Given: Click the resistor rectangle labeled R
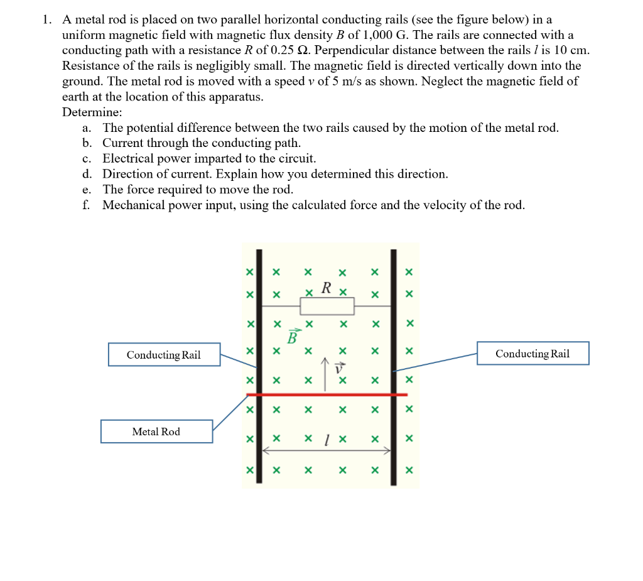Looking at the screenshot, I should [x=327, y=306].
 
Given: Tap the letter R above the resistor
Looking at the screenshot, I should [x=326, y=288].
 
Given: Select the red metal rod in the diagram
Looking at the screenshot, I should [x=327, y=394].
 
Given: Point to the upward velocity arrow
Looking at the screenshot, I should [x=325, y=374].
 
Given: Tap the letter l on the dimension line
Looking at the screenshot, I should [x=327, y=440].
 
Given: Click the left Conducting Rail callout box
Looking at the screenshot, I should [x=164, y=354].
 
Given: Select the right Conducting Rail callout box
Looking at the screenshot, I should [x=532, y=353].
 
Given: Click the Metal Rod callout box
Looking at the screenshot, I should [x=156, y=432].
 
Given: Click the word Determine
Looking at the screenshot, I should [x=92, y=112].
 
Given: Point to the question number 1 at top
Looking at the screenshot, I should [x=46, y=19].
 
